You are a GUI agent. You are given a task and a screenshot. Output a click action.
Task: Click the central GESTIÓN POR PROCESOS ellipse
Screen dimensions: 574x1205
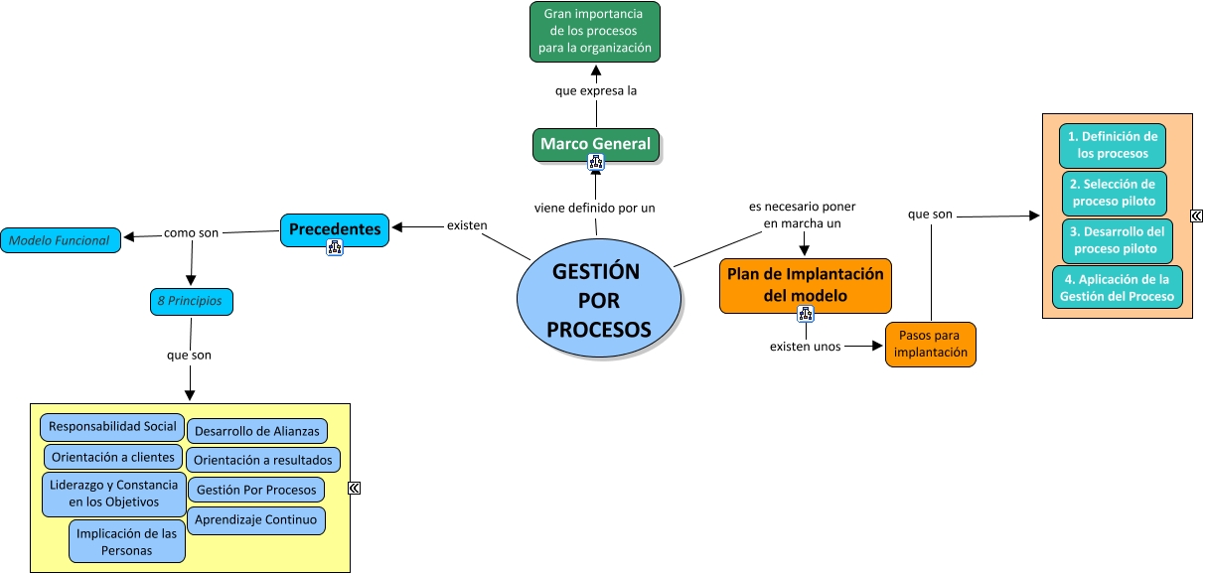coord(599,301)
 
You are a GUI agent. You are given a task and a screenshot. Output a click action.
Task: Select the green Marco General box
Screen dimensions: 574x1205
coord(596,144)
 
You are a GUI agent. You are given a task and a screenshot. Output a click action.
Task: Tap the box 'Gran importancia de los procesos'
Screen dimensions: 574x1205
coord(595,32)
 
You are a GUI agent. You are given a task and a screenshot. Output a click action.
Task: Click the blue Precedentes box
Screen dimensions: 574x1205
coord(335,229)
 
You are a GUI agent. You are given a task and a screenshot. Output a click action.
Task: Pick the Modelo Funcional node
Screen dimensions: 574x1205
coord(61,240)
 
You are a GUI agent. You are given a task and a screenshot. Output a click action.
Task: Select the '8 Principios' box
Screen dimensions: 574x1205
coord(192,301)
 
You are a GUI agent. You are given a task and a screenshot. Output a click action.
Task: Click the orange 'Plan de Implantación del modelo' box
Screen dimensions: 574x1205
coord(806,285)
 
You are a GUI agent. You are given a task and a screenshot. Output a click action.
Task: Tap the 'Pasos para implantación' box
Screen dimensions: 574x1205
coord(931,344)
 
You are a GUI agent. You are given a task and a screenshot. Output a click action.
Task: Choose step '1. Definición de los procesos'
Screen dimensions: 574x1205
coord(1113,145)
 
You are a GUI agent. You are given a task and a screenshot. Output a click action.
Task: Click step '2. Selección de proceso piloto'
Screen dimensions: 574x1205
coord(1114,193)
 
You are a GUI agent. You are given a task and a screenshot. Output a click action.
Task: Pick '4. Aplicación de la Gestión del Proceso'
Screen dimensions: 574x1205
coord(1117,288)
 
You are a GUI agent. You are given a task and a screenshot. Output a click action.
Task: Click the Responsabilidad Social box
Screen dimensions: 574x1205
coord(112,427)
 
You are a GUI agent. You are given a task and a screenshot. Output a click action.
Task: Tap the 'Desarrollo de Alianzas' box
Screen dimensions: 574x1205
coord(257,431)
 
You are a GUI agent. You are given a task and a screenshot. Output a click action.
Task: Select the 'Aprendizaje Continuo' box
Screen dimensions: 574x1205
coord(256,519)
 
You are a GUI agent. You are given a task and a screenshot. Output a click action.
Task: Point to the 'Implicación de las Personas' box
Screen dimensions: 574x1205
coord(127,541)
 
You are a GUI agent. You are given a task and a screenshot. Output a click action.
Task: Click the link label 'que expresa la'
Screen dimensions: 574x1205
coord(596,90)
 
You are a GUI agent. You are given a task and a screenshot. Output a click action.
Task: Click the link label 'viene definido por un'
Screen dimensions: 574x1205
coord(595,208)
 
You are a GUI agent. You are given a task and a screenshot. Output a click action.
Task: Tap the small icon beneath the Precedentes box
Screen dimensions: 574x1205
coord(334,248)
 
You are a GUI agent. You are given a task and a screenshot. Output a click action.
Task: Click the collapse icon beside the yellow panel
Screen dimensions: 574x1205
coord(355,488)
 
